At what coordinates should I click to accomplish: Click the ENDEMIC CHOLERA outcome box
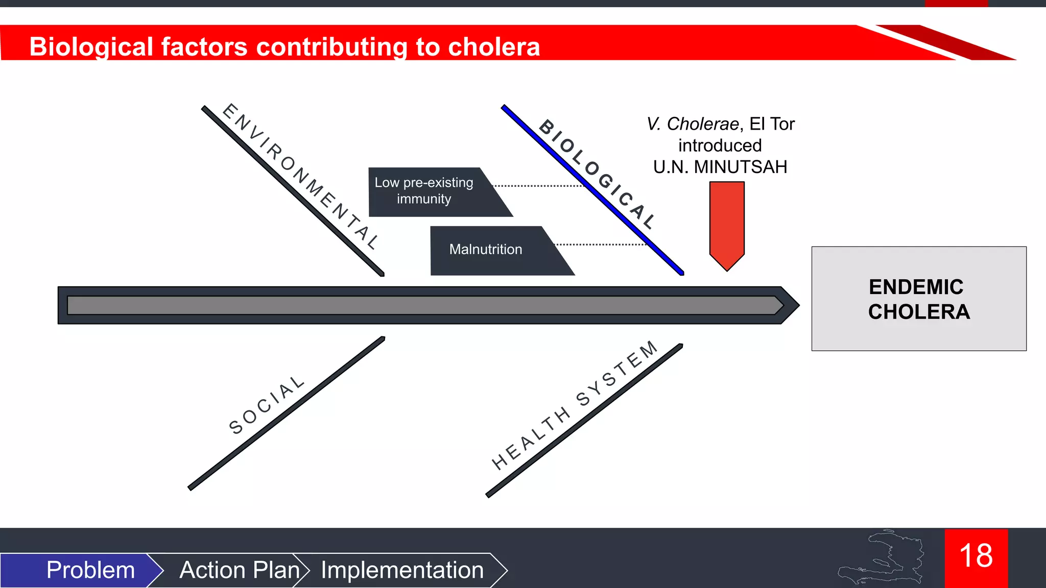(x=918, y=299)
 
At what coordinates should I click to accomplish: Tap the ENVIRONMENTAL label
(x=301, y=176)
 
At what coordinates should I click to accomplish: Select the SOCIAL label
(x=266, y=405)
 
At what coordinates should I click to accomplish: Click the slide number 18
(x=976, y=556)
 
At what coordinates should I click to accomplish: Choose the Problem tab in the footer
(x=90, y=570)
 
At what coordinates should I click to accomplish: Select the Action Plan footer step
(x=239, y=570)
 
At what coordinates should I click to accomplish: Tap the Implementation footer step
(x=402, y=570)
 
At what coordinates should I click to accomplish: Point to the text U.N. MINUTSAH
(x=720, y=167)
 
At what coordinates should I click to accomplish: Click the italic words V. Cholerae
(x=692, y=124)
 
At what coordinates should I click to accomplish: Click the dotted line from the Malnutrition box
(x=600, y=244)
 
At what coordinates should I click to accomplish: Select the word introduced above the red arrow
(x=720, y=146)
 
